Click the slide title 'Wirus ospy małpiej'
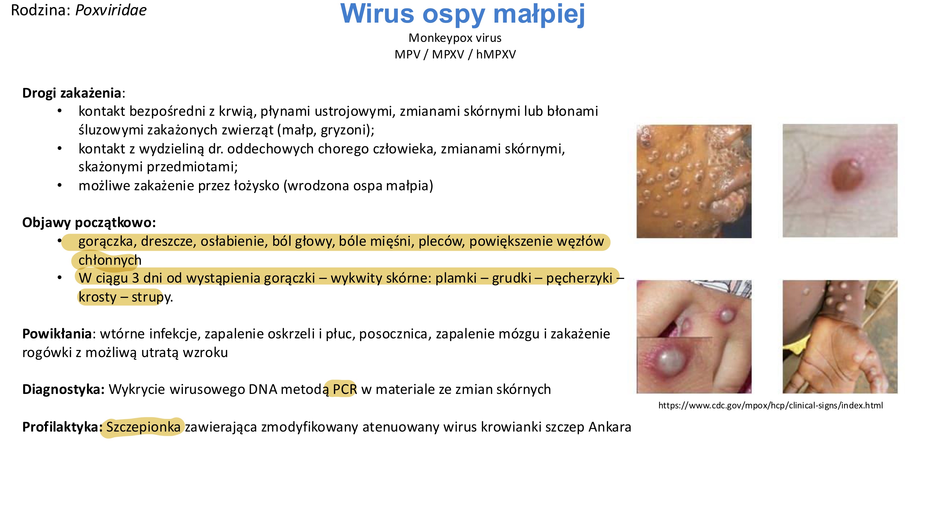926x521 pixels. click(463, 14)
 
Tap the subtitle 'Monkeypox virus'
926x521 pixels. click(455, 38)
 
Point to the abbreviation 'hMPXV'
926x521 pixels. click(496, 55)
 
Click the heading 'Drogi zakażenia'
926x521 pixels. click(72, 93)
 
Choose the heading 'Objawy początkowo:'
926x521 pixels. click(89, 223)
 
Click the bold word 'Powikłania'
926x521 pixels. click(57, 334)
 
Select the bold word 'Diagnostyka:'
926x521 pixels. click(63, 389)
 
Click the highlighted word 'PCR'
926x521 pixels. click(344, 389)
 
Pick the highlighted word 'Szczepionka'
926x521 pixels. click(143, 427)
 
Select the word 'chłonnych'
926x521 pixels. click(110, 260)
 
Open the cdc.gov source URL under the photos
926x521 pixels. click(770, 405)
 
